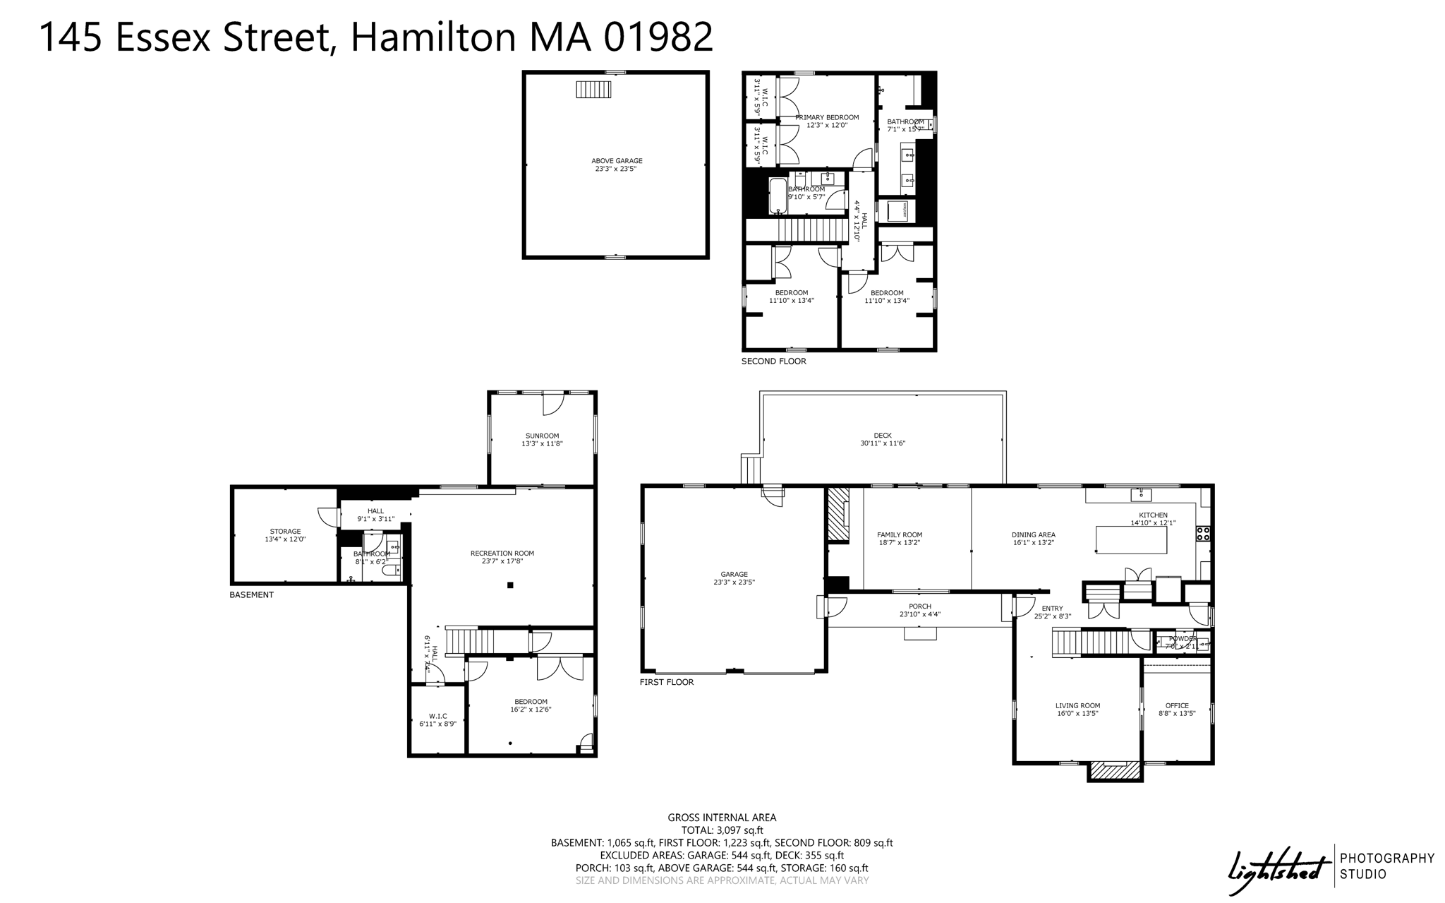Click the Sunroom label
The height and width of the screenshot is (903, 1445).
click(542, 436)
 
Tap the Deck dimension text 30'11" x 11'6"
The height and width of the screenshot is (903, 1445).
click(882, 443)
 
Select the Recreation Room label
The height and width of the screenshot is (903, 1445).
click(502, 554)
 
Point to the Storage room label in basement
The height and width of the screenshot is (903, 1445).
click(285, 532)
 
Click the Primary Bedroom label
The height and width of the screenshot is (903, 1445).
click(827, 117)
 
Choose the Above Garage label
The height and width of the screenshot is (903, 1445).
click(616, 161)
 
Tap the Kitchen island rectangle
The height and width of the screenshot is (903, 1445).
click(1130, 540)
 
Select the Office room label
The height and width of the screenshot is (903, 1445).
click(1177, 705)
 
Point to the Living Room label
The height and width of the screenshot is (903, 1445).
click(1077, 705)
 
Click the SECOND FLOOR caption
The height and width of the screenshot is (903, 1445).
click(773, 361)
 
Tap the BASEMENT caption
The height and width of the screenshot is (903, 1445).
click(251, 595)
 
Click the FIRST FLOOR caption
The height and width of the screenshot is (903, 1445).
click(666, 682)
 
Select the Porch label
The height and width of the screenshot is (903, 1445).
click(919, 606)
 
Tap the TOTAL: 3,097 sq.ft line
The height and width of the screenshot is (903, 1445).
click(722, 830)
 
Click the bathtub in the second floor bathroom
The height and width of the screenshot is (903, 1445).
click(777, 196)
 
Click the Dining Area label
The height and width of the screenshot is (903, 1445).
click(1033, 534)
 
